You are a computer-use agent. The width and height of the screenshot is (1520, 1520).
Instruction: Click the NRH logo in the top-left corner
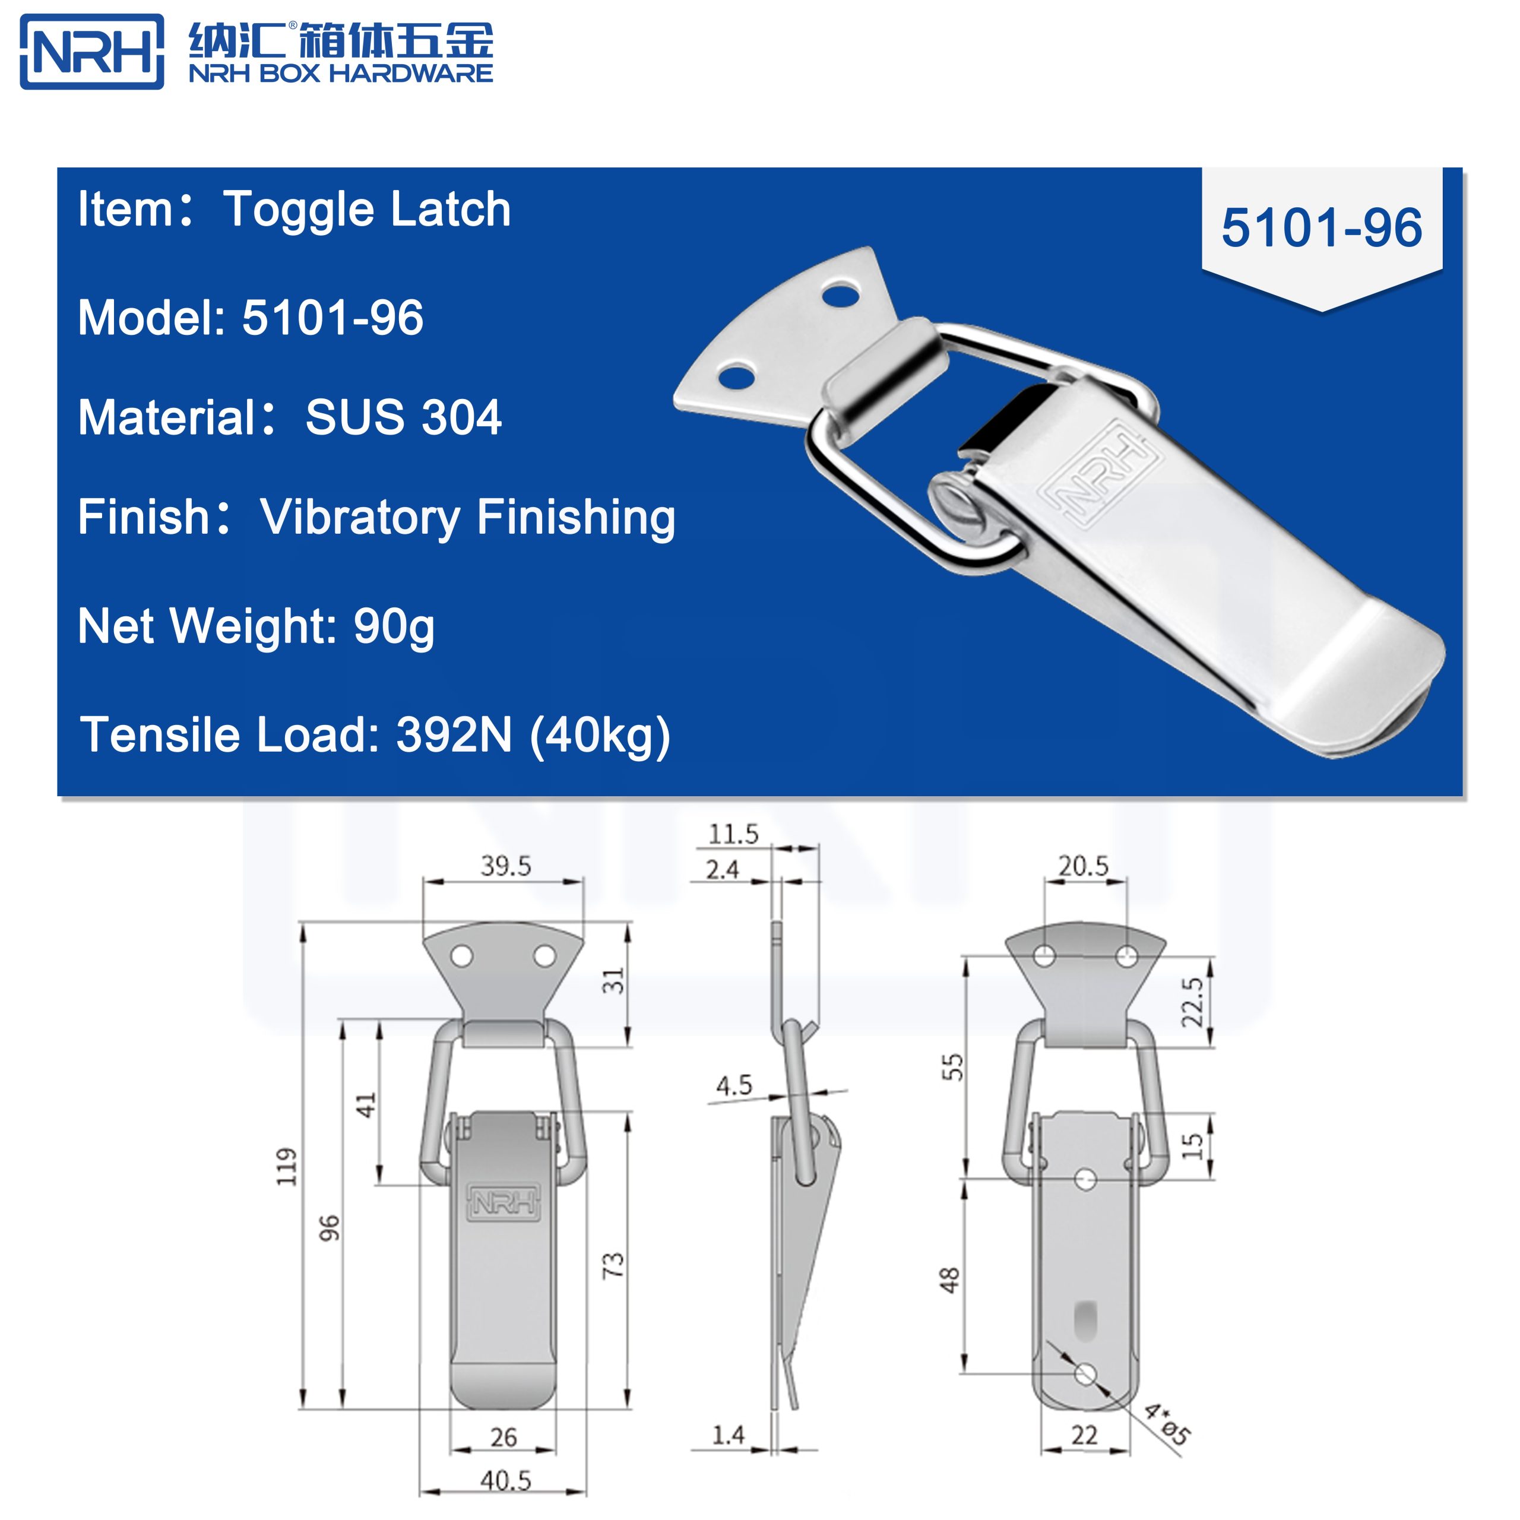(92, 51)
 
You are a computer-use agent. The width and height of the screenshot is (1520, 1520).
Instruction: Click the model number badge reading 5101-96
(1321, 227)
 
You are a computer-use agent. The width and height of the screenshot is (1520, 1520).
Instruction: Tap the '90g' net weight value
(394, 627)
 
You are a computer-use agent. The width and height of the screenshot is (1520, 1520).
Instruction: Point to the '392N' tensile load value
(454, 735)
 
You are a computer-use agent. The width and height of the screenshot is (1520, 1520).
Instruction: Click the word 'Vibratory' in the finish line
(360, 518)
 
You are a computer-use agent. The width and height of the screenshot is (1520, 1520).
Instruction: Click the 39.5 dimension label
(506, 866)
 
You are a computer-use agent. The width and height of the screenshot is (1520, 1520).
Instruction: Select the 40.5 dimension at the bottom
(505, 1481)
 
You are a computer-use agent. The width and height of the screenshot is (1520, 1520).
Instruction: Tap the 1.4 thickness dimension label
(728, 1434)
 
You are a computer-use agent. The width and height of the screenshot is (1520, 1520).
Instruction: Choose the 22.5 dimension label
(1192, 1002)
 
